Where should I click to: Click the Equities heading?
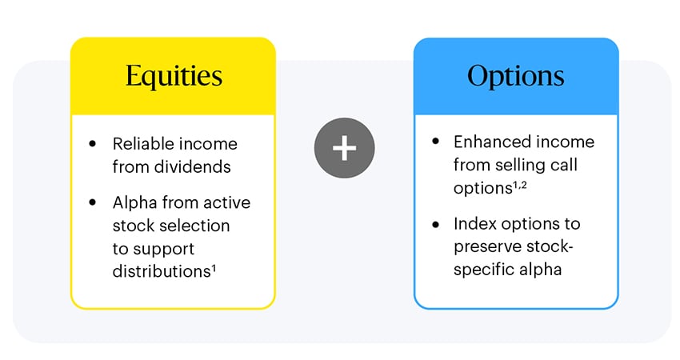(174, 76)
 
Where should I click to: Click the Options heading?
(516, 76)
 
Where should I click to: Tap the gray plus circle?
(344, 148)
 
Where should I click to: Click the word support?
(163, 250)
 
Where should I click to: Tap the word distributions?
(162, 271)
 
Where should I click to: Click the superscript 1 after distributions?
(214, 269)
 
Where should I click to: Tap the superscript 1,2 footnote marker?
(520, 186)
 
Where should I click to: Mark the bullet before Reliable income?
(92, 143)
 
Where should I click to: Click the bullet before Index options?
(436, 224)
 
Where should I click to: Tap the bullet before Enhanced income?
(436, 141)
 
